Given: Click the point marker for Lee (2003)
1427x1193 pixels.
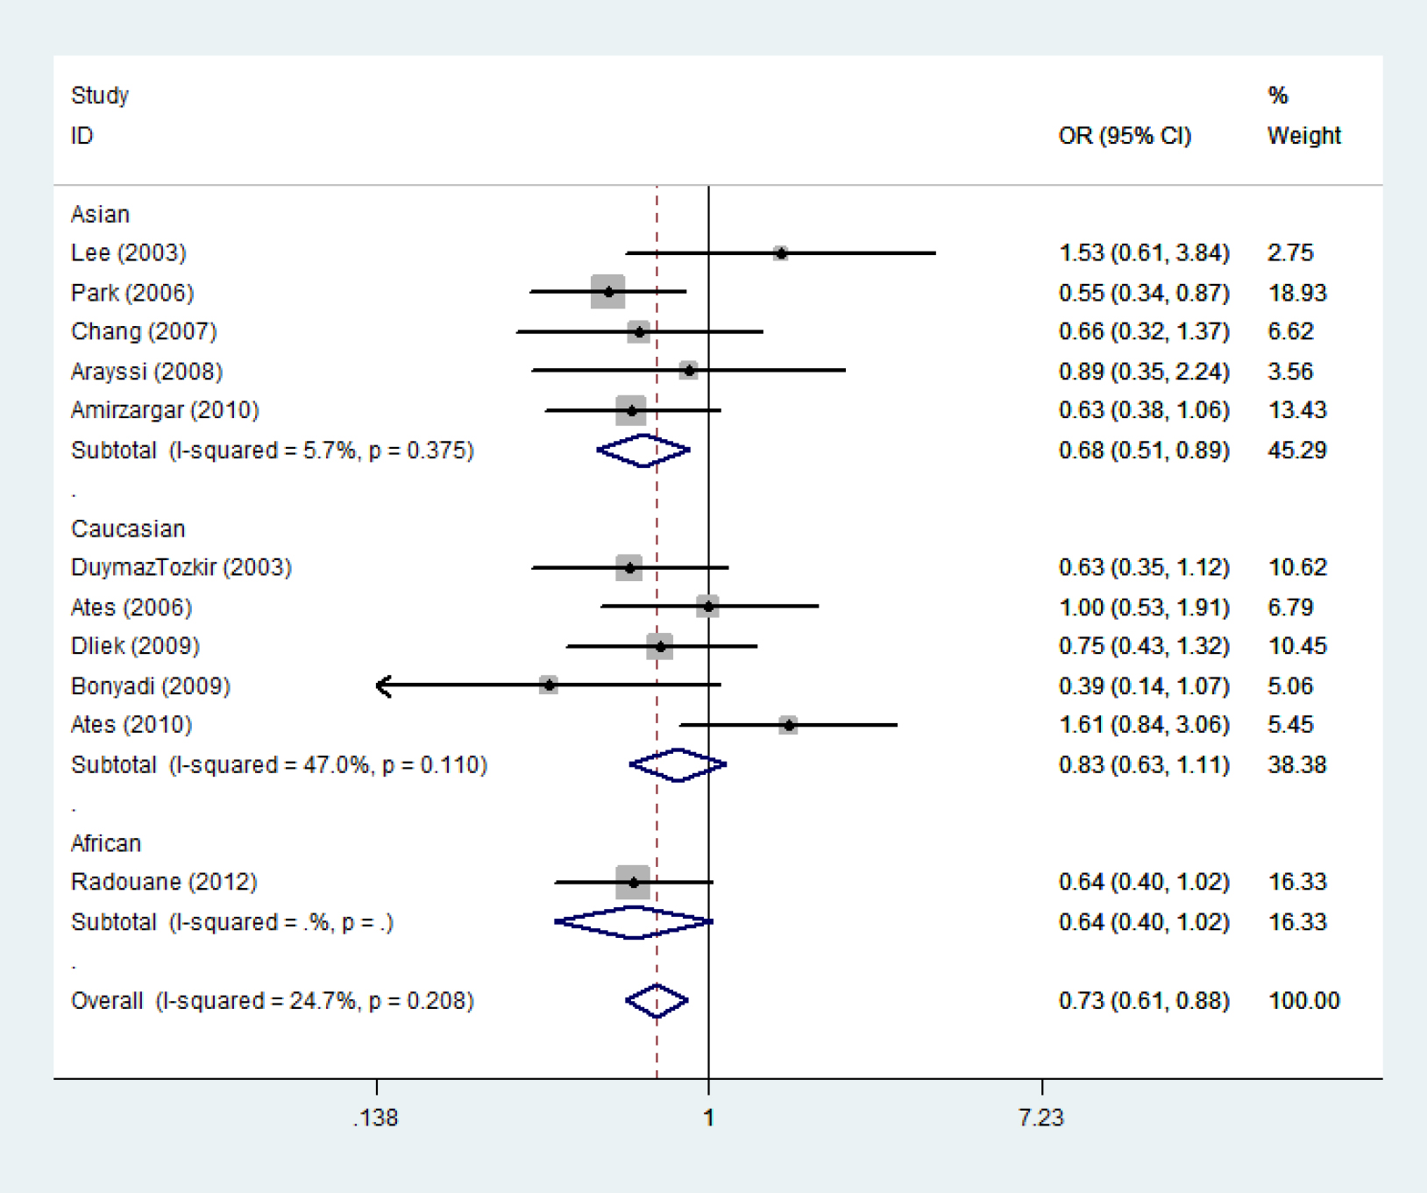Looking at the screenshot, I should click(780, 253).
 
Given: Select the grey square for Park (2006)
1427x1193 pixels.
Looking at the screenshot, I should click(608, 292).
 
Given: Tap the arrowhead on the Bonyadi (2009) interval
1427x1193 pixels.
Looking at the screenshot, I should click(382, 685).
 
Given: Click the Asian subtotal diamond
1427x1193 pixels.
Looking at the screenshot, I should click(643, 451).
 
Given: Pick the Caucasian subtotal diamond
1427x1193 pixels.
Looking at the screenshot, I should click(678, 765).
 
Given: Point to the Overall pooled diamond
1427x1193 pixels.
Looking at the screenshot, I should click(657, 1001).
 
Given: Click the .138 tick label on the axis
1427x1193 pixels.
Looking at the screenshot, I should click(375, 1118).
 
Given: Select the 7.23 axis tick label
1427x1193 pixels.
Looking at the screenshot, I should click(1041, 1118).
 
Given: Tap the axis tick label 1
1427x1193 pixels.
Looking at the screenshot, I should click(708, 1118).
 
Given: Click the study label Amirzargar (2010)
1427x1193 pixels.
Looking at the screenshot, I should click(165, 410).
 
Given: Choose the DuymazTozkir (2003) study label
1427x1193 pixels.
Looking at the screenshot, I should click(181, 568).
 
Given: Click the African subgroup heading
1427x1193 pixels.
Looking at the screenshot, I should click(106, 843).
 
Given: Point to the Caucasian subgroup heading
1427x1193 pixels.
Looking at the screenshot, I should click(128, 529).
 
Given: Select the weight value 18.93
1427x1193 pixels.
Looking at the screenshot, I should click(1297, 293).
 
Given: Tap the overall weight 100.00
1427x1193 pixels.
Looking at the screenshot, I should click(1303, 1001).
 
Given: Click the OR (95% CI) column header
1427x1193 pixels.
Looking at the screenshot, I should click(1125, 136).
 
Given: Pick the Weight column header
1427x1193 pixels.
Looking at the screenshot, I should click(1303, 136).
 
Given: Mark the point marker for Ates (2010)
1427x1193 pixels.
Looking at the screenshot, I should click(789, 725).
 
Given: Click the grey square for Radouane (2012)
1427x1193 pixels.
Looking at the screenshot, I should click(633, 882).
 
